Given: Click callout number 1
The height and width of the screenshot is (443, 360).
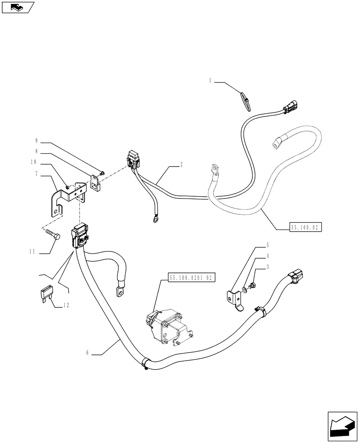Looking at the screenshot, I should (210, 81).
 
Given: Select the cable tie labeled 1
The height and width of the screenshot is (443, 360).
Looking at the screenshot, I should (246, 101).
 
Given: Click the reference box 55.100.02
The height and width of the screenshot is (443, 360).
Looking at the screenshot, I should (305, 228).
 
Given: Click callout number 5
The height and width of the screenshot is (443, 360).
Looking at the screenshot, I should (267, 244).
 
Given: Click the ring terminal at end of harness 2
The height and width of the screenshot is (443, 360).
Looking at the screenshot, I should (155, 218).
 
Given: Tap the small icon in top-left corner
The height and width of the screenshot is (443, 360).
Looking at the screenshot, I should (17, 7).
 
